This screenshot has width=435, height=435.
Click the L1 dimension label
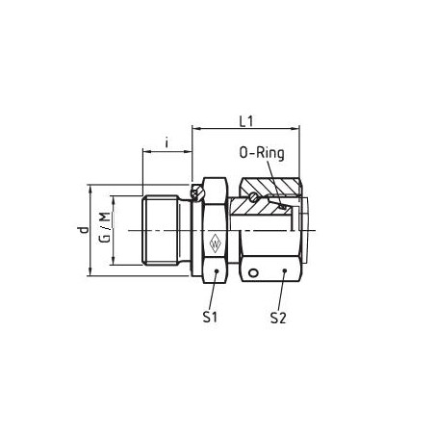[246, 121]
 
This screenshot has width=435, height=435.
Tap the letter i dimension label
[166, 142]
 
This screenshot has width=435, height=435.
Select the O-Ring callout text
[262, 153]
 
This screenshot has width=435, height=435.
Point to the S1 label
[210, 318]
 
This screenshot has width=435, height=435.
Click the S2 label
[278, 318]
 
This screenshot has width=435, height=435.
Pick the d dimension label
[84, 230]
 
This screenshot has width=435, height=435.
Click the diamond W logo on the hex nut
[215, 243]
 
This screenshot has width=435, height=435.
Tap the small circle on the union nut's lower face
[253, 273]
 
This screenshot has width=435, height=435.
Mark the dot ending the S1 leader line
[217, 271]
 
